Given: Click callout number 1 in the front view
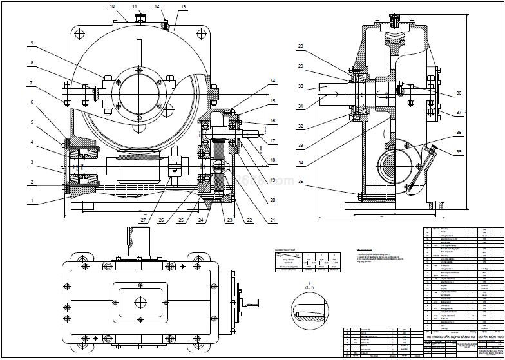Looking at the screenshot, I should coord(30,201).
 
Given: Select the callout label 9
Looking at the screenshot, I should coord(30,43).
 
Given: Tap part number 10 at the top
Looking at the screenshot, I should coord(113,6).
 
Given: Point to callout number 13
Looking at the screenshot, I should coord(183,7).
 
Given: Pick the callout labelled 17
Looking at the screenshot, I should coord(272,141).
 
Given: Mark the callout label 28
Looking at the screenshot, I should coord(300,46).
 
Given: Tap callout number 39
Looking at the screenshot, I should coord(459,151).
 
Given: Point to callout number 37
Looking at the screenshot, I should coord(459,113).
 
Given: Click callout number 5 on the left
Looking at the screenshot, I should coord(30,123).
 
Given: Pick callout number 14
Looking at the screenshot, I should coord(272,81).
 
